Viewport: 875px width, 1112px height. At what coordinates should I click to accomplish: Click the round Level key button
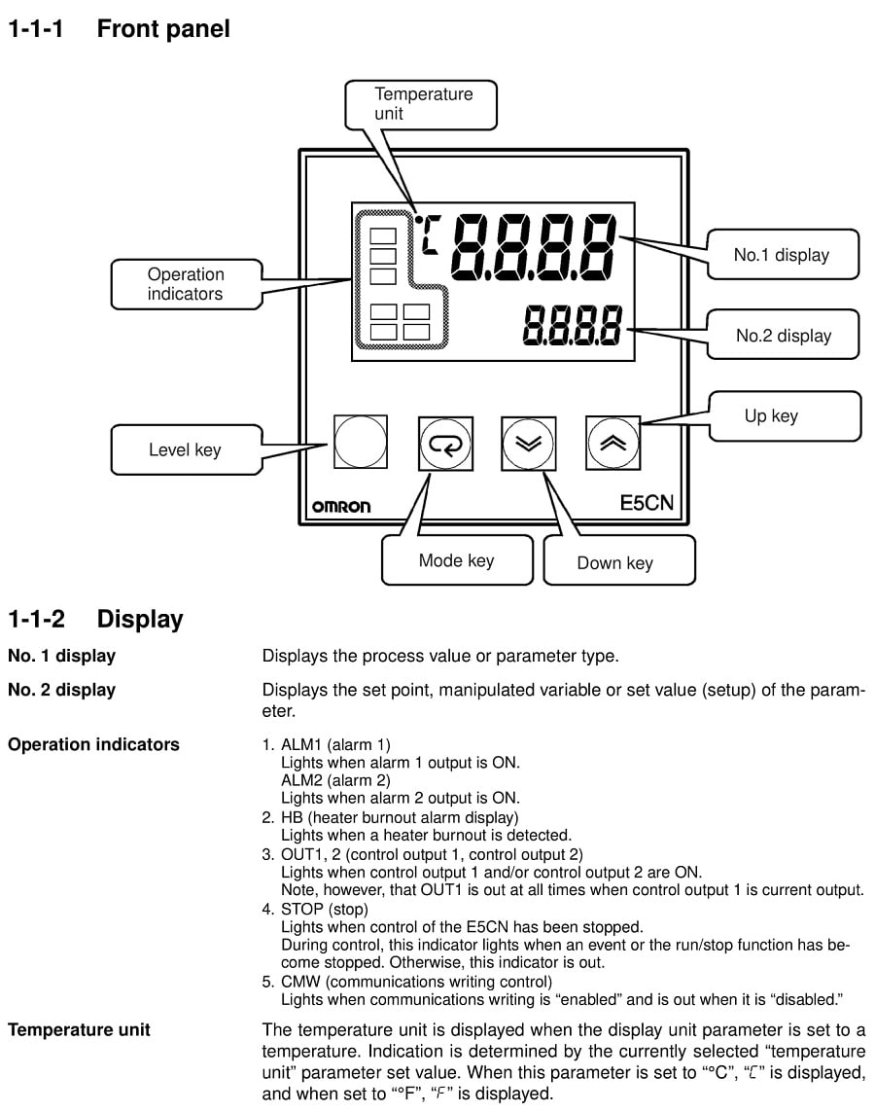[x=360, y=443]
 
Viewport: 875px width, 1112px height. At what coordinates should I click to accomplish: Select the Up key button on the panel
[x=613, y=444]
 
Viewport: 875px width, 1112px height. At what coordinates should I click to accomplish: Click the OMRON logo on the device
[x=341, y=507]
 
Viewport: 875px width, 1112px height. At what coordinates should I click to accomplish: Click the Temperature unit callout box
[x=424, y=104]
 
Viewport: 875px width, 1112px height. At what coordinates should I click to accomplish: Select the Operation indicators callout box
[x=186, y=284]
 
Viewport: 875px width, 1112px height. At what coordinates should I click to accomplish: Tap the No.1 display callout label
[x=781, y=256]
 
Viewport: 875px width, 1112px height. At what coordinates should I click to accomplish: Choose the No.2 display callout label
[x=783, y=336]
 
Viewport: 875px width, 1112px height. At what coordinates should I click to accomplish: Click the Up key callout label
[x=771, y=416]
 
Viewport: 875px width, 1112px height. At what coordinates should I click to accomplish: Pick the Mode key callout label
[x=456, y=560]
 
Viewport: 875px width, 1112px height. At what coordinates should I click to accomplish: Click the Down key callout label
[x=615, y=562]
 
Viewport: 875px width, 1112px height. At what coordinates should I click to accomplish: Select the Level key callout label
[x=185, y=449]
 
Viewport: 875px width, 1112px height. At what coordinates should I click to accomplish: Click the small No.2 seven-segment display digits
[x=572, y=325]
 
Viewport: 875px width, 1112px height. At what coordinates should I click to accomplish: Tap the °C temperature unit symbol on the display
[x=427, y=232]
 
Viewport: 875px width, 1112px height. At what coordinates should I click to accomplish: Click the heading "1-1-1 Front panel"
[x=119, y=29]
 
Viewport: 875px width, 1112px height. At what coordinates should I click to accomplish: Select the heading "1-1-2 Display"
[x=95, y=619]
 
